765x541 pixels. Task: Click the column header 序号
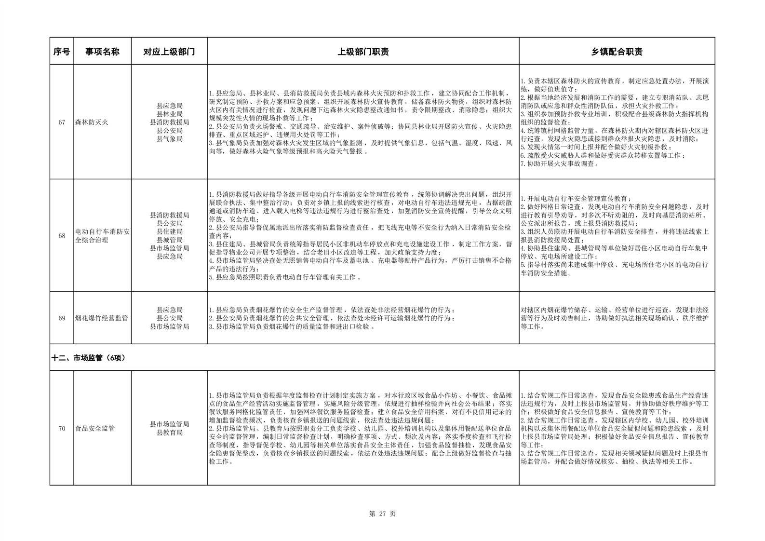point(62,52)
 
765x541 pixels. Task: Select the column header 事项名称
point(102,52)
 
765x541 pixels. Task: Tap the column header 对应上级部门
point(169,52)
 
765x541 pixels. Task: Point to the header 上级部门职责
point(363,52)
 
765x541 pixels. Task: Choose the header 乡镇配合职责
point(617,52)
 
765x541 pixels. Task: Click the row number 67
point(62,122)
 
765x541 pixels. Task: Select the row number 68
point(62,236)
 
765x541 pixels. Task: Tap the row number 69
point(62,318)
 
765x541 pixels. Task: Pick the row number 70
point(62,429)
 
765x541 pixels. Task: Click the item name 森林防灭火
point(92,122)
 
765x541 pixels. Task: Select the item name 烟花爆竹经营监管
point(102,318)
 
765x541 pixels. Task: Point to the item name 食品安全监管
point(95,429)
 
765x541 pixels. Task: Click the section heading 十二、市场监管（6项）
point(91,358)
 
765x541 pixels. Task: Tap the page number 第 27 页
point(382,514)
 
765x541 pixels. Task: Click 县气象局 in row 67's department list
point(169,139)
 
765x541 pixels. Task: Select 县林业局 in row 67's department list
point(169,114)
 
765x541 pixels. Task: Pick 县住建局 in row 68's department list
point(169,232)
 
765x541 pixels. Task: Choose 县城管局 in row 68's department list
point(169,240)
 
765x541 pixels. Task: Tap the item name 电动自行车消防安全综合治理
point(102,236)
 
